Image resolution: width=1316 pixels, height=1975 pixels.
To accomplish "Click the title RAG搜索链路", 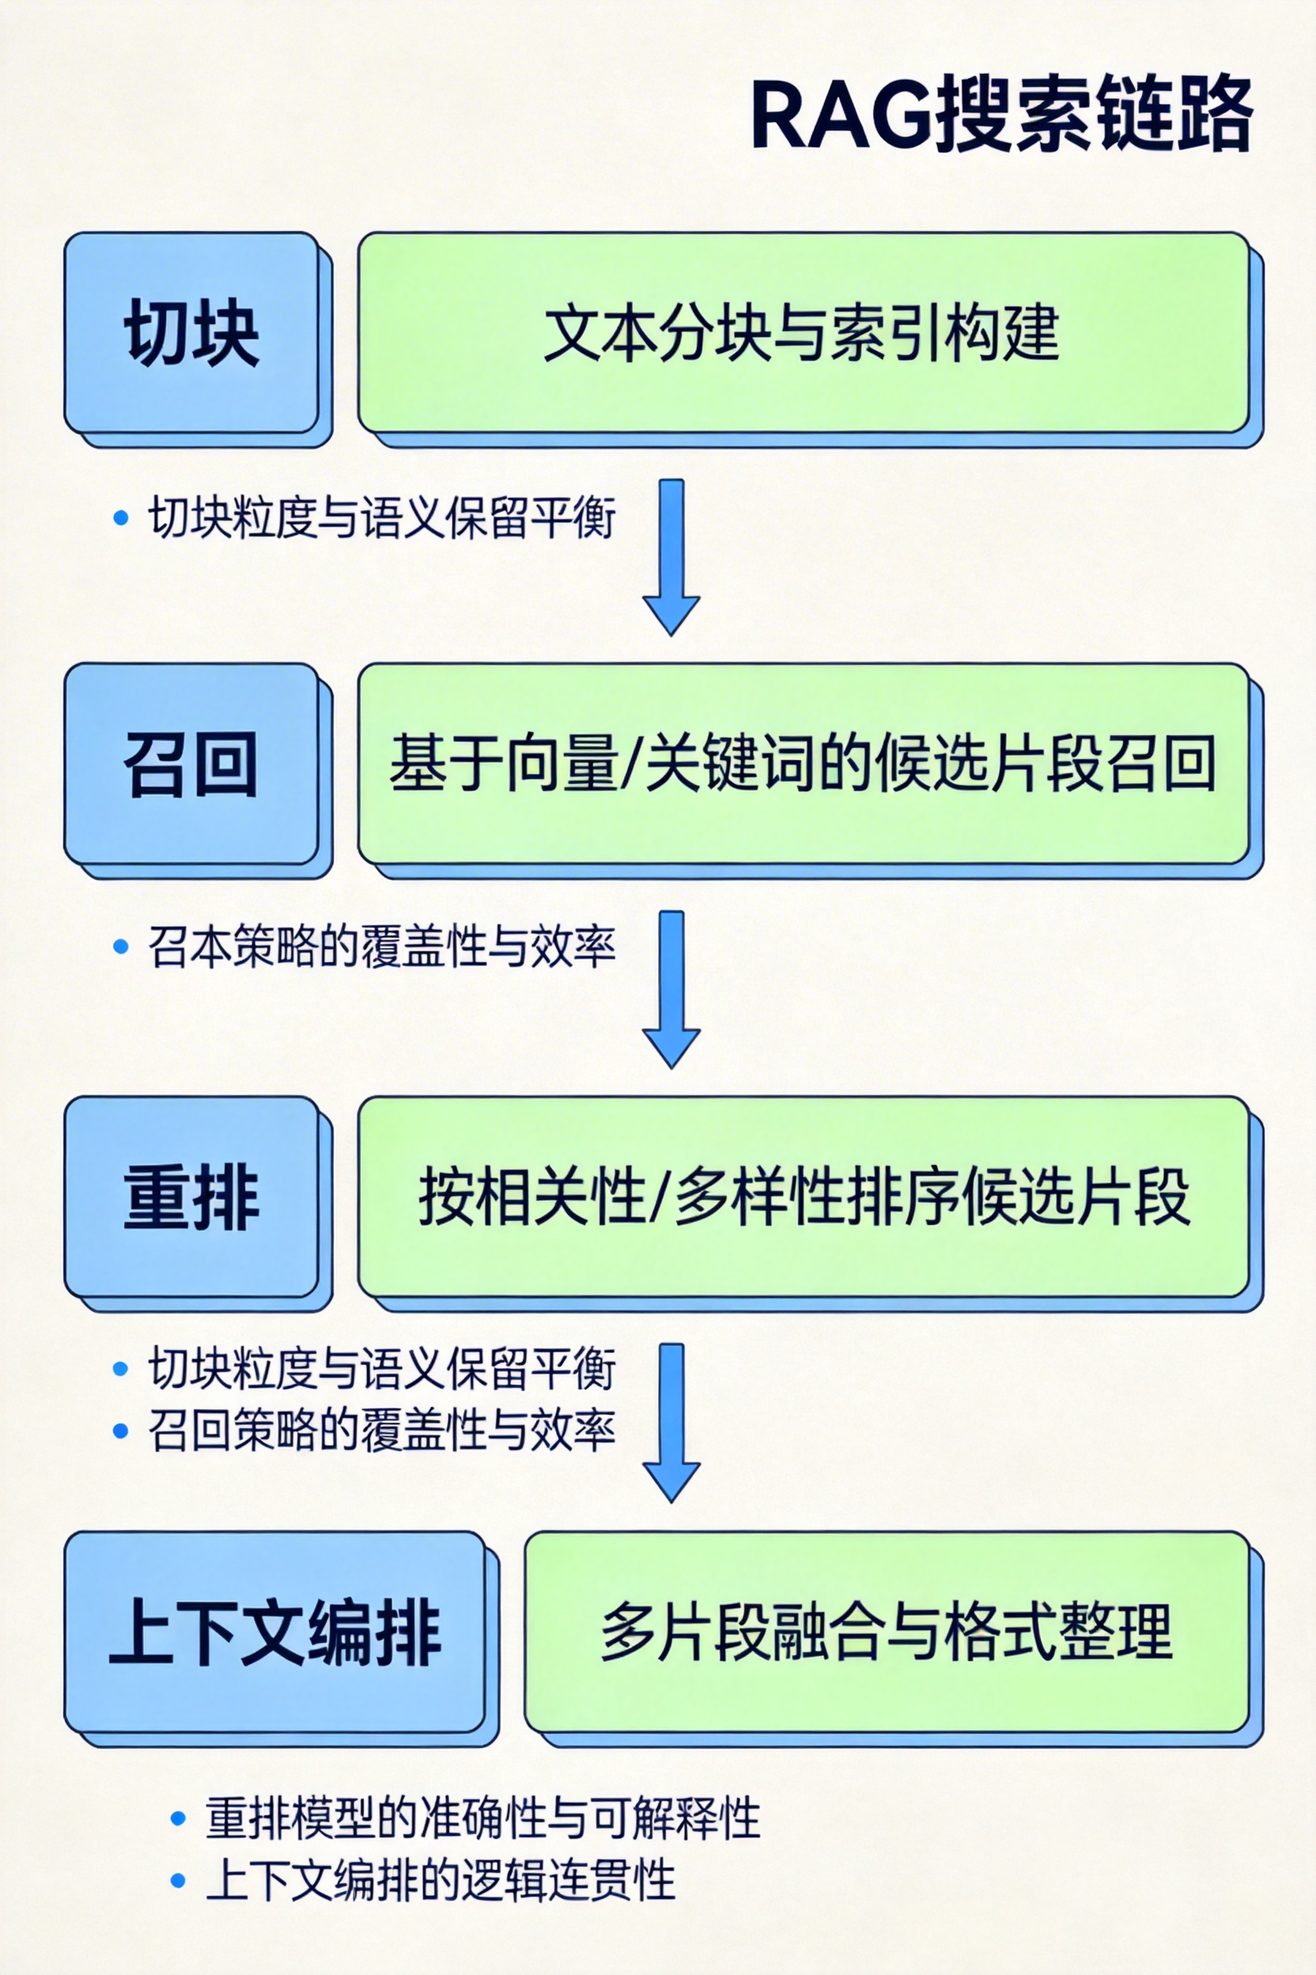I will tap(1000, 115).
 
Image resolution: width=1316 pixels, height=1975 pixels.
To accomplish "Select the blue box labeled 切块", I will tap(192, 333).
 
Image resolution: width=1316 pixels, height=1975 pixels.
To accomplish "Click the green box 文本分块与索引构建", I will tap(804, 333).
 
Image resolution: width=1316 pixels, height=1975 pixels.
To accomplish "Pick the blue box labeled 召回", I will tap(192, 764).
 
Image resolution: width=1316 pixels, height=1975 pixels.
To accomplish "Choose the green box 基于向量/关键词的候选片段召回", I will tap(804, 764).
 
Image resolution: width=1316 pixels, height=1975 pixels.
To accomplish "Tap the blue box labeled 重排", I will tap(192, 1197).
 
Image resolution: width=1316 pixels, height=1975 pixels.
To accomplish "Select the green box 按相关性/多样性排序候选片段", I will tap(804, 1197).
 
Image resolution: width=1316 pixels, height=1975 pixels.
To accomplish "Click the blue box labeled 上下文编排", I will tap(275, 1632).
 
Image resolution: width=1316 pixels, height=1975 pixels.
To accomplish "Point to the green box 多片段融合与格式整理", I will tap(887, 1632).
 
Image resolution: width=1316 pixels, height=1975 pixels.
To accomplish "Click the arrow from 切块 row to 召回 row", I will tap(671, 557).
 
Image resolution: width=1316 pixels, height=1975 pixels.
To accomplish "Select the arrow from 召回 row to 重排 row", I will tap(671, 988).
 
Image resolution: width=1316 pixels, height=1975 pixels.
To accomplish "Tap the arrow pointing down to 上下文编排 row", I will tap(671, 1422).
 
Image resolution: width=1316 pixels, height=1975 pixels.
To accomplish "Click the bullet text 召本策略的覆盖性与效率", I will tap(382, 947).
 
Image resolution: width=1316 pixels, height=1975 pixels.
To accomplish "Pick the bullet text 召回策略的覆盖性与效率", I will tap(382, 1430).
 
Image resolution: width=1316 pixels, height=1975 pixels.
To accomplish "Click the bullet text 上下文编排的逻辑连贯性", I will tap(441, 1879).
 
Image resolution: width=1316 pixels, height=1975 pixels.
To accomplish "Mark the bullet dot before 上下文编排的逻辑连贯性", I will tap(178, 1880).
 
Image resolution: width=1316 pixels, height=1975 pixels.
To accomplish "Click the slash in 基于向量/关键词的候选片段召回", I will tap(632, 764).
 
